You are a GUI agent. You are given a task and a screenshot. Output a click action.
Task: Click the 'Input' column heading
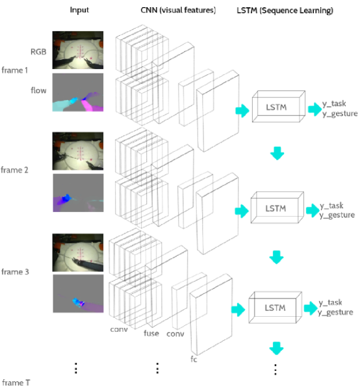pos(79,10)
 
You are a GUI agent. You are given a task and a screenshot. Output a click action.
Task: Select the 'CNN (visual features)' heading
pos(178,10)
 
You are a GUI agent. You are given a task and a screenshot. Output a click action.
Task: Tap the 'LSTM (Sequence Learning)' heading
pos(285,10)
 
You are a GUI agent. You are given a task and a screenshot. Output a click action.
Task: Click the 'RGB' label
pos(38,51)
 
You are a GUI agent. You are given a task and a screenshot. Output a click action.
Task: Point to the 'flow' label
pos(38,90)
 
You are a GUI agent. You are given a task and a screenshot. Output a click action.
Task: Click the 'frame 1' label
pos(14,70)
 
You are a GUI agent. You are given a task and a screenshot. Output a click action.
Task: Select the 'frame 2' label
pos(14,170)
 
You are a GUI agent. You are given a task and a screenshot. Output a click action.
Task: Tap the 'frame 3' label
pos(15,272)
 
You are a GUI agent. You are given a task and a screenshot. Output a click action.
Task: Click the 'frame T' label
pos(16,382)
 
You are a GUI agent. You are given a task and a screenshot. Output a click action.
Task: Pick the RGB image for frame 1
pos(78,50)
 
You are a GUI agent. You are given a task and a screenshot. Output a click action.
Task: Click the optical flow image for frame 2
pos(78,193)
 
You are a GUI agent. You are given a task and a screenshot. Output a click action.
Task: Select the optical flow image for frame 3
pos(78,293)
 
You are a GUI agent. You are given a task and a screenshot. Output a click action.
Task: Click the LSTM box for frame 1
pos(279,107)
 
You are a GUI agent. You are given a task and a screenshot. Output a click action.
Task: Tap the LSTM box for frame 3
pos(276,308)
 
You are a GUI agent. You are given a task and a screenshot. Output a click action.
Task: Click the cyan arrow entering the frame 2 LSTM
pos(242,211)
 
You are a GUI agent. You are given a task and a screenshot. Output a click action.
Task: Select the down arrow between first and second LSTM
pos(277,153)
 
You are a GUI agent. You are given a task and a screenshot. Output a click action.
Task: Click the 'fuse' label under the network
pos(151,333)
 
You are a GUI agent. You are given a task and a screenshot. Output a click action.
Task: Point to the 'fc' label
pos(194,359)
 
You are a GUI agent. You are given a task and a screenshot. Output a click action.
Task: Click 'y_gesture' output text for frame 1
pos(340,114)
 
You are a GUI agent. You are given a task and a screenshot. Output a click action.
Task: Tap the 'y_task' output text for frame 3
pos(331,302)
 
